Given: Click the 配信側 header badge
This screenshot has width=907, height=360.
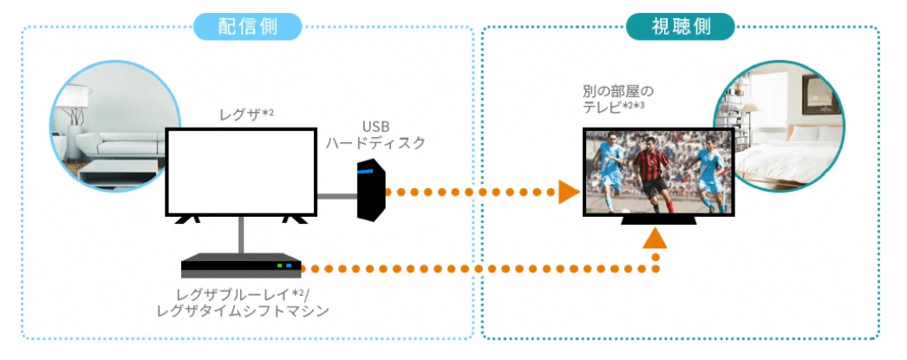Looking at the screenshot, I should [247, 26].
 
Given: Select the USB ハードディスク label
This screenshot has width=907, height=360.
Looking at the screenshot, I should [375, 134].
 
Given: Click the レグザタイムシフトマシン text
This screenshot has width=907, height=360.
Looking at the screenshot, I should [243, 310].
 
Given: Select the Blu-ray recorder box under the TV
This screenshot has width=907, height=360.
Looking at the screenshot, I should [241, 265].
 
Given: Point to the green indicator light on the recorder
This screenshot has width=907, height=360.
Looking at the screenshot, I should [279, 265].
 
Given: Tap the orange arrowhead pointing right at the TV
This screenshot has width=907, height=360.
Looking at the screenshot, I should [568, 192].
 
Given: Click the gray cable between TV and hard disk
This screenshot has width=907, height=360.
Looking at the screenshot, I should [336, 196].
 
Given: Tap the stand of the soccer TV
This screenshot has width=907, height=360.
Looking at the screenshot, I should [657, 222].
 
